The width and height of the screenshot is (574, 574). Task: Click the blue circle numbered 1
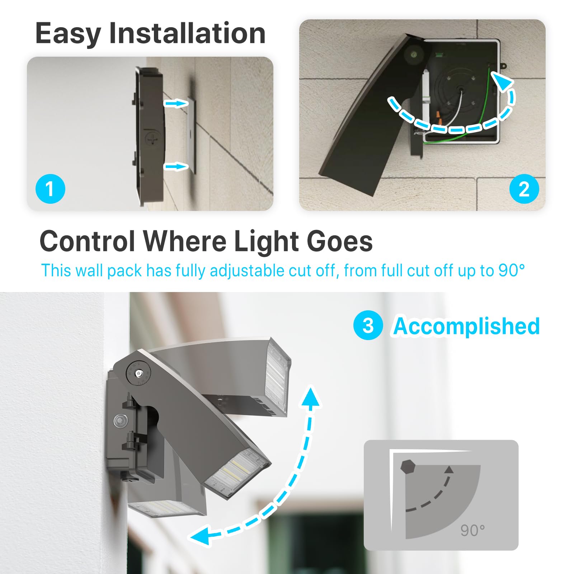coord(50,189)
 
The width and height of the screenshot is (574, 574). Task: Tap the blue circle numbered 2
coord(524,189)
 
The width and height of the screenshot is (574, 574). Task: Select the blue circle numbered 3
coord(368,325)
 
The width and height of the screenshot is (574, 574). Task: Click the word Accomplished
coord(466,326)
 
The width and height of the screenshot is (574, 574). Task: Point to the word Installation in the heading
coord(187,33)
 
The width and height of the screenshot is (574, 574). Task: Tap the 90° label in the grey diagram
coord(472,531)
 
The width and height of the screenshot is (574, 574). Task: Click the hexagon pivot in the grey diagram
coord(408,467)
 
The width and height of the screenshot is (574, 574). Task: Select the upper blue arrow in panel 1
coord(176,104)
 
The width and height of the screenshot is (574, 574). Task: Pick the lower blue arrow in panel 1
coord(176,166)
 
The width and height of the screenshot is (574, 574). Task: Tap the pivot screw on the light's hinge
coord(138,374)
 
